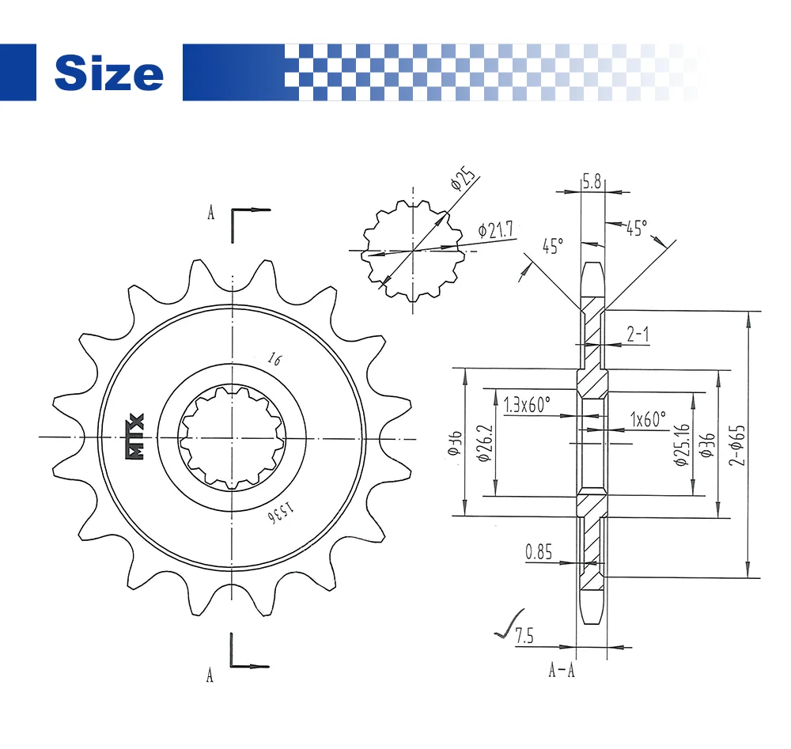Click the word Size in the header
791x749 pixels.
tap(109, 73)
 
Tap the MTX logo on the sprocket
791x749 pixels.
tap(134, 437)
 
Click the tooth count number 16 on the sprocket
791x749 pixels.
tap(275, 358)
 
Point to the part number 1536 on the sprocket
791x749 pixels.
tap(280, 513)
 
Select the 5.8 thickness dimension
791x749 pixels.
tap(592, 181)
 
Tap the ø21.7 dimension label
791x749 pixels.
tap(495, 229)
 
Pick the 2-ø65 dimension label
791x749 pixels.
tap(736, 444)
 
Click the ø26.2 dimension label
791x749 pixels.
tap(484, 443)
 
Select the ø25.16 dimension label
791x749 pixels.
tap(682, 444)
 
